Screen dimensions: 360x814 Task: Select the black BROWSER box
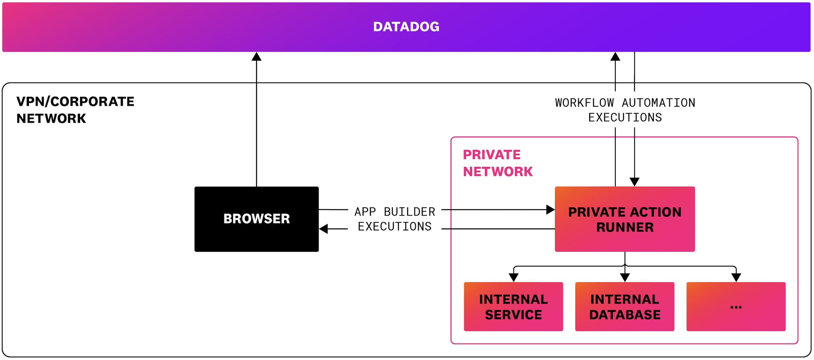click(256, 219)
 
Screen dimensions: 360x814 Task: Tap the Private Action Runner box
click(624, 219)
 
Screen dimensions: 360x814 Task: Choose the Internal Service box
click(513, 307)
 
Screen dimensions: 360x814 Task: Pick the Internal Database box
click(624, 307)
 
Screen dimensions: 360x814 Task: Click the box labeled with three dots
click(736, 307)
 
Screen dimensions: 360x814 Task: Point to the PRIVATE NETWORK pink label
click(497, 163)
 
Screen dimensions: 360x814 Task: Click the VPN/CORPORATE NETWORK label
click(75, 110)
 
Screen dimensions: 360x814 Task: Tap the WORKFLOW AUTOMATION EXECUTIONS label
click(625, 110)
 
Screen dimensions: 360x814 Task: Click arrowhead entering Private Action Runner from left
click(550, 210)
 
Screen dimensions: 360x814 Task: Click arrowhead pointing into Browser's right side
click(324, 228)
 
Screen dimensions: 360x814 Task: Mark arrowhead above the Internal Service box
click(514, 277)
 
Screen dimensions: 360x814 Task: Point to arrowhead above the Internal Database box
click(625, 277)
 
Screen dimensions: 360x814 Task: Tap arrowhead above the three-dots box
click(736, 277)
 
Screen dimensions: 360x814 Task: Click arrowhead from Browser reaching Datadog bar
click(256, 57)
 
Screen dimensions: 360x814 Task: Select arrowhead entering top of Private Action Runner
click(634, 182)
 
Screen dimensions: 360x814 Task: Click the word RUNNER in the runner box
click(625, 227)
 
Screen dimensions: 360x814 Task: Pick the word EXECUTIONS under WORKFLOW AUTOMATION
click(625, 118)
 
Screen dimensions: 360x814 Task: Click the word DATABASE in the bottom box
click(625, 315)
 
